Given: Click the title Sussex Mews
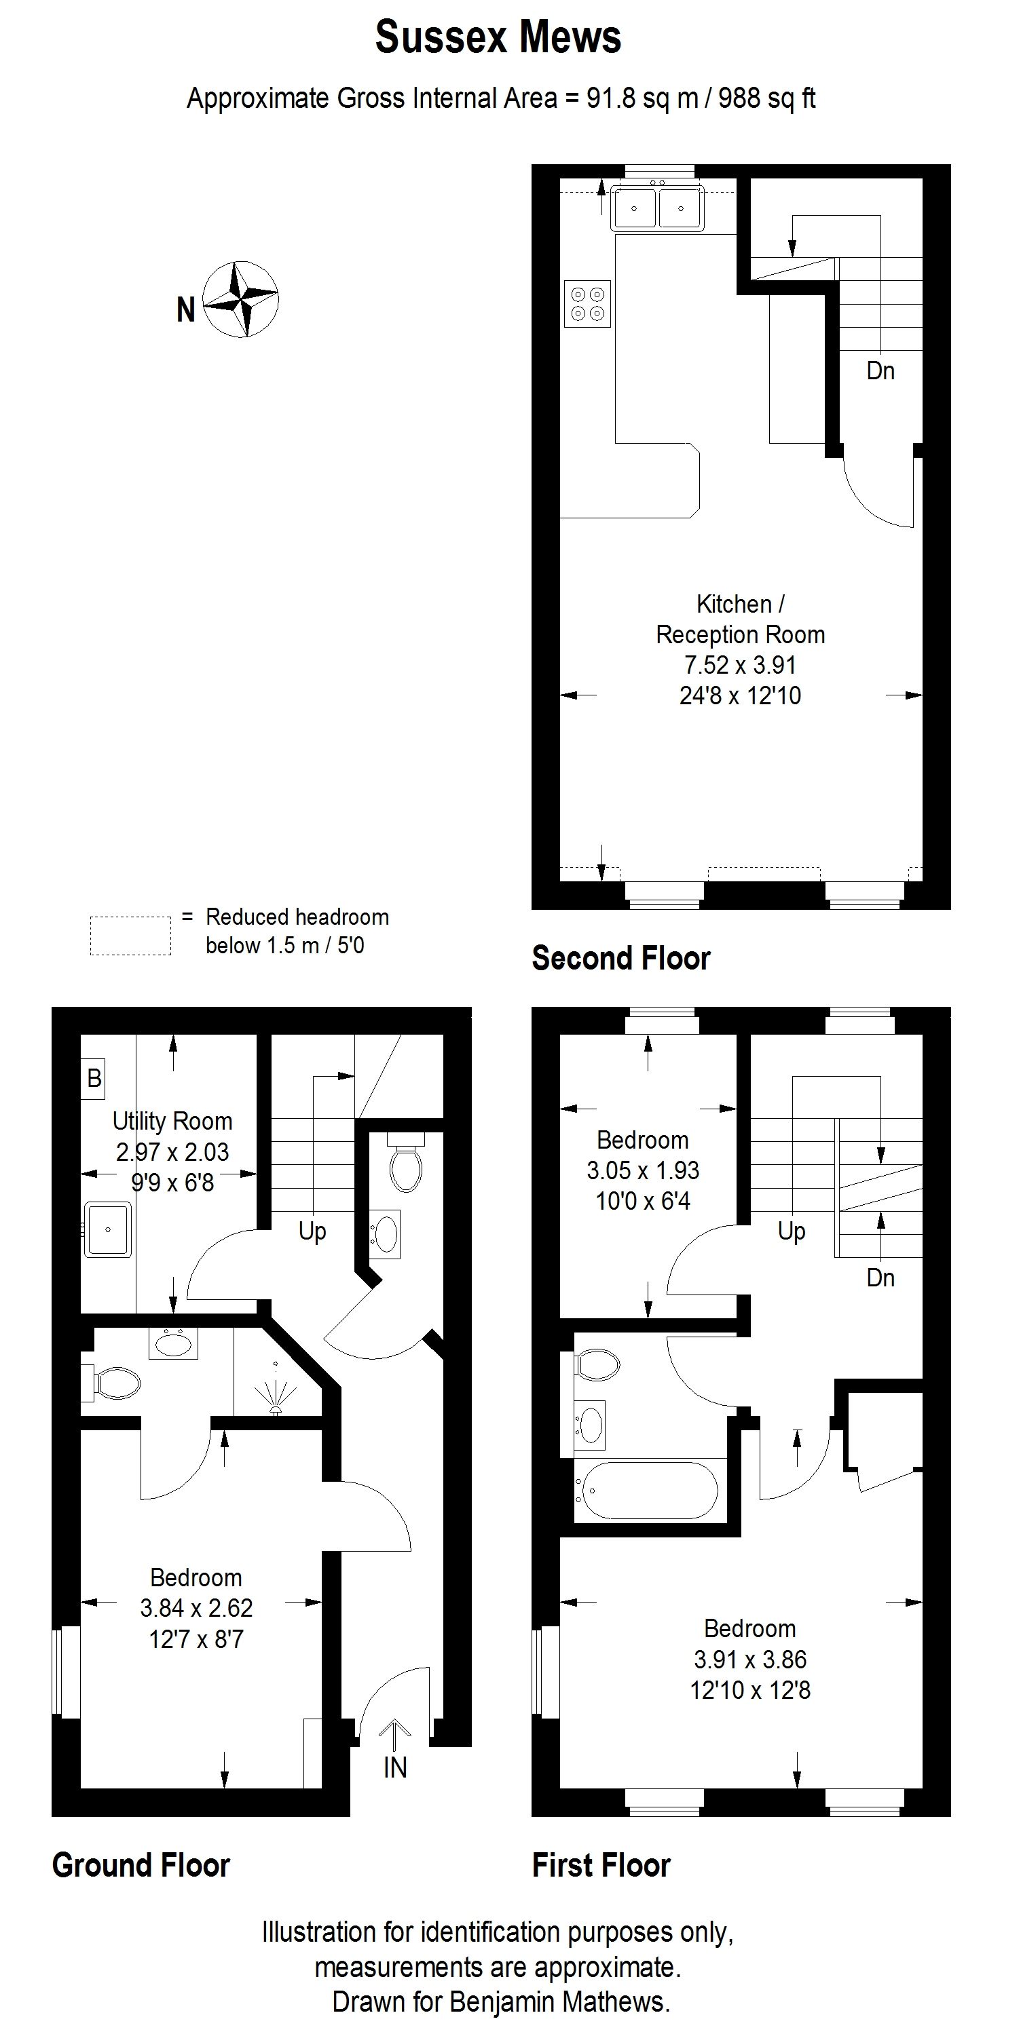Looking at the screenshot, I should (x=498, y=37).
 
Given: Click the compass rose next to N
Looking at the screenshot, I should (x=240, y=300).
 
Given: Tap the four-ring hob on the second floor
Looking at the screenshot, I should (x=588, y=304).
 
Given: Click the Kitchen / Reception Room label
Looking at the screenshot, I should (x=740, y=619).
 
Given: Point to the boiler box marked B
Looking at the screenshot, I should (x=94, y=1077).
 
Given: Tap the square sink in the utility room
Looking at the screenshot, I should (x=108, y=1229).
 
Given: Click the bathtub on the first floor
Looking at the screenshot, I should (x=647, y=1491).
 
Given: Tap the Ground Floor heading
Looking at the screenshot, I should (x=141, y=1866).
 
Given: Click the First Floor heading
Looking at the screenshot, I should (x=601, y=1866).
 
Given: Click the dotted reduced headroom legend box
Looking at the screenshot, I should (x=130, y=936).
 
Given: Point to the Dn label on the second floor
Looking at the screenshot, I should (x=880, y=370).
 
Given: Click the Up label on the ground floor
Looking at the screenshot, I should (x=312, y=1231).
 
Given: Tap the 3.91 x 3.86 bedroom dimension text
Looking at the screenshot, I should (x=750, y=1660).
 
